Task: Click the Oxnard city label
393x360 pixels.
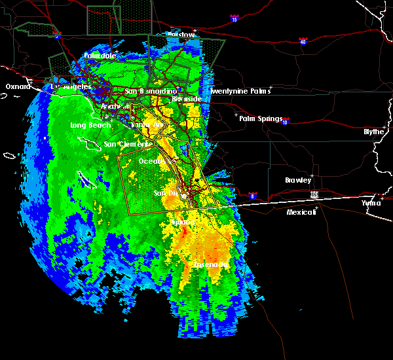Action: click(x=18, y=86)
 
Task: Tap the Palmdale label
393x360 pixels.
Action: click(x=100, y=56)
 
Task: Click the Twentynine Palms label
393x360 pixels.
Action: click(x=239, y=92)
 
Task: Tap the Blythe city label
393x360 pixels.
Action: click(x=375, y=131)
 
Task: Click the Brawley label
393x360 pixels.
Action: click(x=298, y=180)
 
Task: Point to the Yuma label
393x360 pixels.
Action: click(x=371, y=203)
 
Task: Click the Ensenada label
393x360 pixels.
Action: click(x=211, y=264)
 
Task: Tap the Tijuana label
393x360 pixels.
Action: click(x=183, y=223)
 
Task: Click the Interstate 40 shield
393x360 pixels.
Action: click(x=303, y=42)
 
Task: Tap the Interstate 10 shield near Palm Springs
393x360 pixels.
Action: click(x=286, y=121)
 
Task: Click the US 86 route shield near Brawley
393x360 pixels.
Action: click(x=316, y=194)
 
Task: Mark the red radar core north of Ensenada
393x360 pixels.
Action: click(x=185, y=231)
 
